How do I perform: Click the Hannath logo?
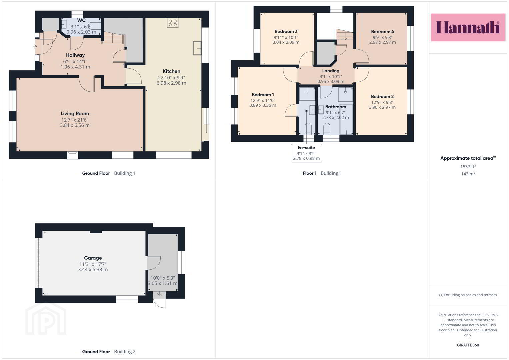468,27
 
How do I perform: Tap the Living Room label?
75,113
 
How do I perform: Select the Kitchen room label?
171,71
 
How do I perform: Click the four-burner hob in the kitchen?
173,23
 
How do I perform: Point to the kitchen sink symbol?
197,48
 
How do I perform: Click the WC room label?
81,20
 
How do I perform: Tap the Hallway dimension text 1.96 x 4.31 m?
75,67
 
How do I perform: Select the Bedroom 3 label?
286,31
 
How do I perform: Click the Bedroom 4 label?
382,32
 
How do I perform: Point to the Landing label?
331,71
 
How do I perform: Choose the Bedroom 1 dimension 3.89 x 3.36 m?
263,105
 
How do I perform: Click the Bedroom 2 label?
382,96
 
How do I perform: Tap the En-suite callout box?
306,153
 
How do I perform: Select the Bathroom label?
336,107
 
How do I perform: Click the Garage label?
93,258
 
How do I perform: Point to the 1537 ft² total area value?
468,166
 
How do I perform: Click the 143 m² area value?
468,174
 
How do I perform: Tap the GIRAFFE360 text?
468,345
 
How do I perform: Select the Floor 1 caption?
309,173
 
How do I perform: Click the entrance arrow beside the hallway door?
35,47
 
